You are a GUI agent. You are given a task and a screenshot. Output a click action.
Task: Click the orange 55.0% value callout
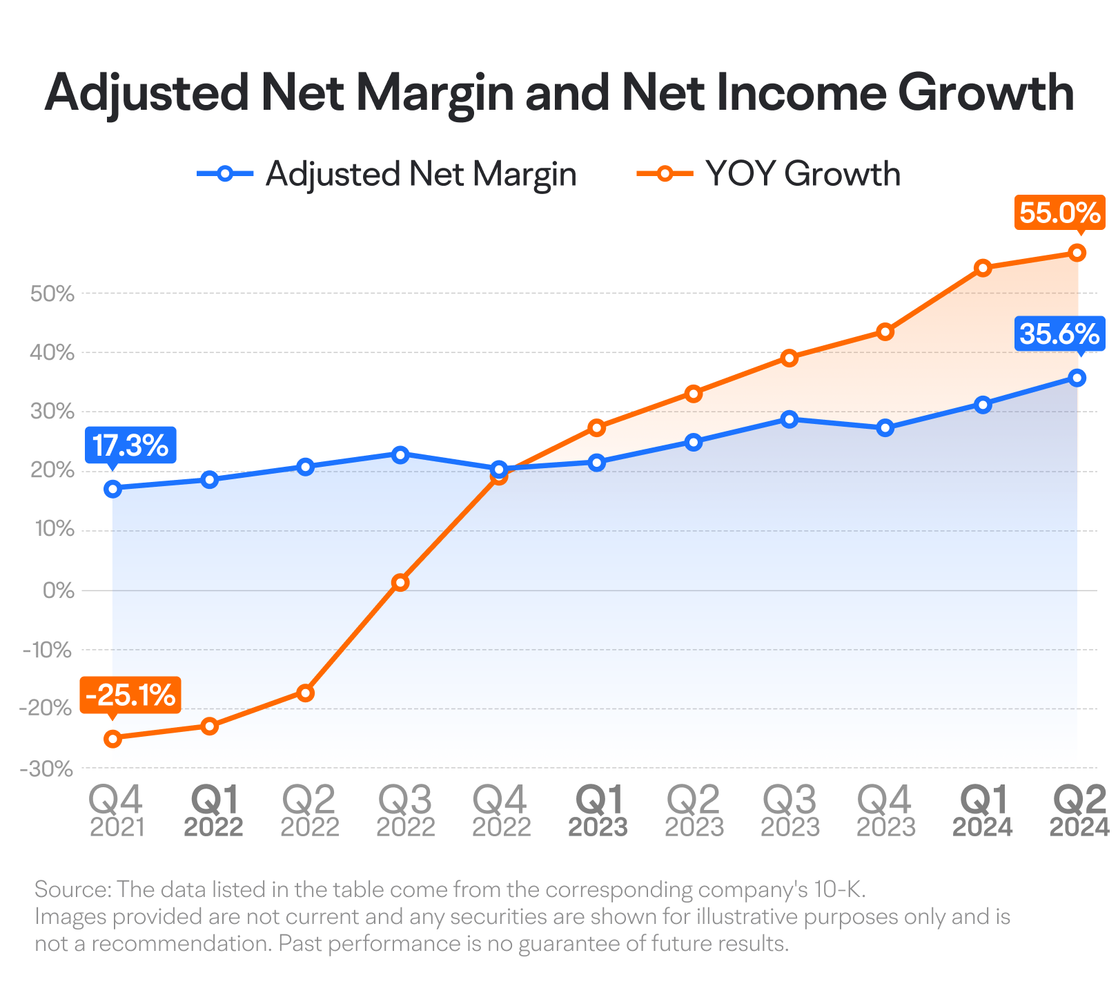click(x=1059, y=213)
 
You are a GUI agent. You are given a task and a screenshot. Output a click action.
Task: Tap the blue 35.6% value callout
click(x=1059, y=335)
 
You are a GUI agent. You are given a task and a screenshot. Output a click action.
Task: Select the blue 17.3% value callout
click(x=130, y=446)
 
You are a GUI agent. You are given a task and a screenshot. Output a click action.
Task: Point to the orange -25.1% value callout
click(x=130, y=695)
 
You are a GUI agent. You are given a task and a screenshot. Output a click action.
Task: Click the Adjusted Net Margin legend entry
click(x=386, y=173)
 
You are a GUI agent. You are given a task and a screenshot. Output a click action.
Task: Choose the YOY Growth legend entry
click(x=769, y=173)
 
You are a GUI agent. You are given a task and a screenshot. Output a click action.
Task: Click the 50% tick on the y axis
click(x=52, y=294)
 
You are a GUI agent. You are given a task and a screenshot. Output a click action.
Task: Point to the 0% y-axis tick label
click(x=58, y=591)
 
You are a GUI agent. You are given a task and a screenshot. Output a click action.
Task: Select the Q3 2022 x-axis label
click(x=406, y=811)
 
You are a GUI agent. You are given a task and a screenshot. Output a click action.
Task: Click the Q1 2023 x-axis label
click(x=598, y=811)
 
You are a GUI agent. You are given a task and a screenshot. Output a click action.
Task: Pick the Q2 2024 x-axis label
click(x=1079, y=811)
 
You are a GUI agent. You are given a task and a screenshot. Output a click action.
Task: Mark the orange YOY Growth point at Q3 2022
click(x=400, y=583)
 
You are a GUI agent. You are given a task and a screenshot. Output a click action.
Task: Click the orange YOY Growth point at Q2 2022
click(x=305, y=693)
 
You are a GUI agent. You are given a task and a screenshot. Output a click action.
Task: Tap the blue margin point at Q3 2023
click(x=790, y=419)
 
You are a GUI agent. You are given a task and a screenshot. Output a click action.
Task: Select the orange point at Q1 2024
click(x=983, y=268)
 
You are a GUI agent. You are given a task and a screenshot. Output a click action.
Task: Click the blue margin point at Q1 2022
click(x=209, y=479)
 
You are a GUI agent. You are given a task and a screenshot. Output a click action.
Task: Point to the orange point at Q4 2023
click(x=885, y=332)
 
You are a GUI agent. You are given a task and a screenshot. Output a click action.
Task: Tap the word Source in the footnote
click(x=72, y=889)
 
